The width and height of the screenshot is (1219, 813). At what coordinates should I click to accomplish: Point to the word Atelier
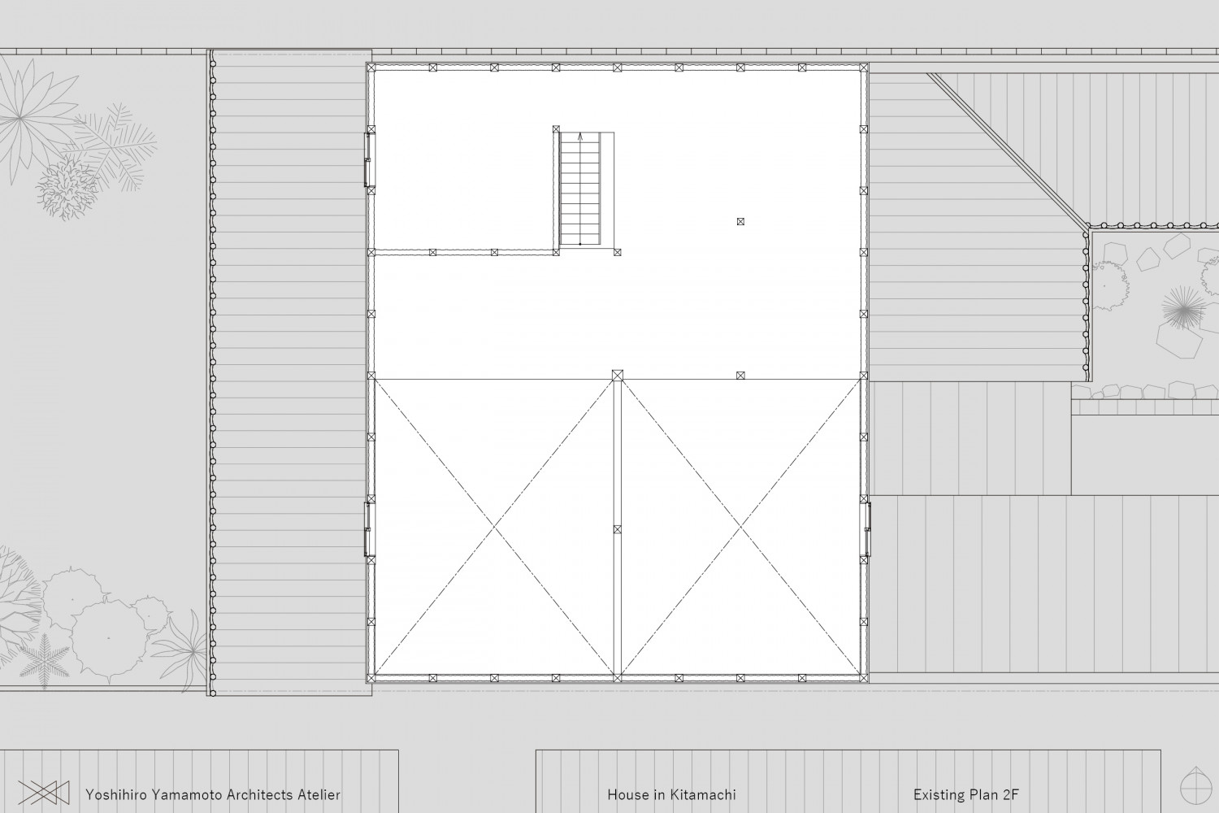tap(319, 795)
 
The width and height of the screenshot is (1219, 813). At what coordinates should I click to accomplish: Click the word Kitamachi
tap(703, 795)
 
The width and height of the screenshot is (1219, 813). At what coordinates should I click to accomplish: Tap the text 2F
tap(1010, 795)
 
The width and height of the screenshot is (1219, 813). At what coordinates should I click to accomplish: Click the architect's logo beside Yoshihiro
tap(44, 793)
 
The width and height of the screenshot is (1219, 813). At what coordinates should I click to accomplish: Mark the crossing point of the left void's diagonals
tap(494, 527)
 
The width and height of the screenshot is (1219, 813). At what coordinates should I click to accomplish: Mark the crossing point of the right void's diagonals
tap(740, 527)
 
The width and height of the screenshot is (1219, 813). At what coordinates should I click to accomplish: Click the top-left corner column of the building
tap(371, 67)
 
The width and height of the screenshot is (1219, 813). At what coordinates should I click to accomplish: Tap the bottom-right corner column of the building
tap(864, 678)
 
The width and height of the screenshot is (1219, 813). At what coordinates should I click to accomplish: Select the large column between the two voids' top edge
tap(617, 375)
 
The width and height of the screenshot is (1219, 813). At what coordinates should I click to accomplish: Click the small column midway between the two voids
tap(617, 529)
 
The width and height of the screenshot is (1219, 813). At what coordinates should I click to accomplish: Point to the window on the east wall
tap(865, 529)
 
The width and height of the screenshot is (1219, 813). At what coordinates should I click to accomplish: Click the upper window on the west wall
tap(368, 160)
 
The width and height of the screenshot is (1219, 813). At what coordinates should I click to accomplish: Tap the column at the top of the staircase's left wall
tap(556, 129)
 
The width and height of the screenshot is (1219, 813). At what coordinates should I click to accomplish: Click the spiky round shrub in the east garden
tap(1183, 308)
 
